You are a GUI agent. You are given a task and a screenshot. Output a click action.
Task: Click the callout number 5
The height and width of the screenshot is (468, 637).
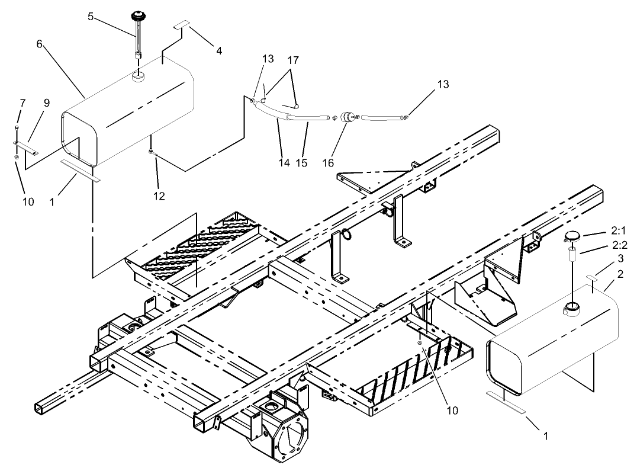pyautogui.click(x=91, y=17)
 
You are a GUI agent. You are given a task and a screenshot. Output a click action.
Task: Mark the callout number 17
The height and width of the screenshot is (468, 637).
pyautogui.click(x=293, y=60)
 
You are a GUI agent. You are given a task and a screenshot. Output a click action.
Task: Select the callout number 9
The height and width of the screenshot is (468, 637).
pyautogui.click(x=46, y=102)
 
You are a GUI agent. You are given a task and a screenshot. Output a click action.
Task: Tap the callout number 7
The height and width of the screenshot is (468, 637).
pyautogui.click(x=22, y=103)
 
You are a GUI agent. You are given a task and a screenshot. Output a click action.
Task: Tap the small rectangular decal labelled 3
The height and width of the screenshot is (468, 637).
pyautogui.click(x=593, y=277)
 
